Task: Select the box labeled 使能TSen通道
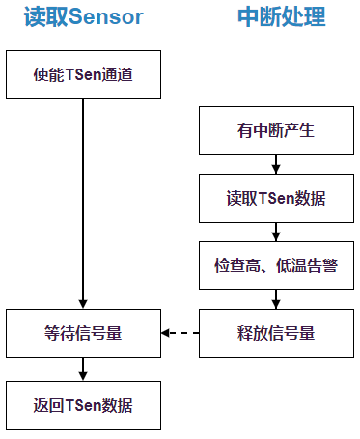(84, 74)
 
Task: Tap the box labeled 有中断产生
(276, 131)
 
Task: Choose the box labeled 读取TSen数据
(276, 199)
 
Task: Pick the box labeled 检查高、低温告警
(276, 265)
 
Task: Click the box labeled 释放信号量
(276, 334)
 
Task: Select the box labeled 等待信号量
(84, 334)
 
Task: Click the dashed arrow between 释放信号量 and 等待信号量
(183, 334)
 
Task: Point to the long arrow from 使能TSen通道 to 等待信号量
(84, 203)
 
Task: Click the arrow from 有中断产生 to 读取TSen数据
(276, 165)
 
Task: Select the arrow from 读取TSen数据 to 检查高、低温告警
(276, 233)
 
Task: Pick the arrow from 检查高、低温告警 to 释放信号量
(276, 300)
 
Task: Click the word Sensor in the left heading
(105, 17)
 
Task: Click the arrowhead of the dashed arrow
(165, 334)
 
